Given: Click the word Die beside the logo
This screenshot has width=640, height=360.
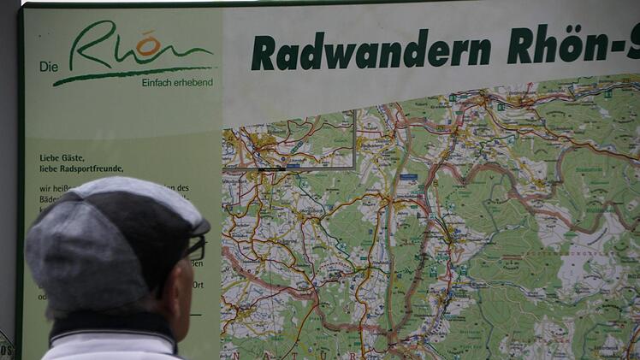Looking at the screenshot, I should [x=48, y=67].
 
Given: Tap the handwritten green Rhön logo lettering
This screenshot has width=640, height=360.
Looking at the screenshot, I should [x=128, y=47].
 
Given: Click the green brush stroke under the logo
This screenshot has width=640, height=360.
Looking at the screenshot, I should [x=128, y=74].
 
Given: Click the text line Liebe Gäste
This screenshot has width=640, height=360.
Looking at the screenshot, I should [x=63, y=157].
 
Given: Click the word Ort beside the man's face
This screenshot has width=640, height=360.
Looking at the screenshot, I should [x=198, y=285].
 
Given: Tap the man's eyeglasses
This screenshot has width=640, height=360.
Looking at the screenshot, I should [x=195, y=249].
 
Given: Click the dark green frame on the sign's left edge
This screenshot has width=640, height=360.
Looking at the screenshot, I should [x=21, y=214].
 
